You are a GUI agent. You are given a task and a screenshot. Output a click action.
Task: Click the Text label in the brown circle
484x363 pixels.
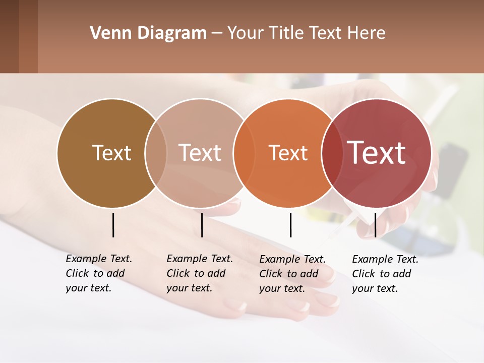pyautogui.click(x=111, y=153)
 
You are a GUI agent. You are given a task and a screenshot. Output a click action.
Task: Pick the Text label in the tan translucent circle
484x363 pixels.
pyautogui.click(x=200, y=153)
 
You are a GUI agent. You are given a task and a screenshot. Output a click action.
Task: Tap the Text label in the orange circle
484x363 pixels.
pyautogui.click(x=288, y=153)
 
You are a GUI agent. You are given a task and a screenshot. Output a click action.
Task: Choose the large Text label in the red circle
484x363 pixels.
pyautogui.click(x=377, y=153)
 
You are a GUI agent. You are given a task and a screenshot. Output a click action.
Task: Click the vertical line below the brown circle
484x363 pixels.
pyautogui.click(x=113, y=225)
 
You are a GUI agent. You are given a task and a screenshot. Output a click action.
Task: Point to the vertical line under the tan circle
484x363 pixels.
pyautogui.click(x=202, y=225)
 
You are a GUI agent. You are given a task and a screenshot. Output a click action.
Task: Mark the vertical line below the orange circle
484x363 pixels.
pyautogui.click(x=290, y=225)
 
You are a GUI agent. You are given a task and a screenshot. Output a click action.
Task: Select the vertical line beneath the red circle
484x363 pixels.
pyautogui.click(x=375, y=225)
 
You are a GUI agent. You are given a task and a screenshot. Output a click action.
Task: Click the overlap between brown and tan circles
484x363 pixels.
pyautogui.click(x=156, y=153)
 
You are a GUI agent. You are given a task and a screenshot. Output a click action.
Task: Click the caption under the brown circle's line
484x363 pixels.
pyautogui.click(x=99, y=273)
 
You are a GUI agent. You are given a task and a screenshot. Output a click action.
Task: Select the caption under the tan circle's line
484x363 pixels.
pyautogui.click(x=200, y=273)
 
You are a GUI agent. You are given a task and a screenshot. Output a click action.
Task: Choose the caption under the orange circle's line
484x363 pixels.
pyautogui.click(x=292, y=274)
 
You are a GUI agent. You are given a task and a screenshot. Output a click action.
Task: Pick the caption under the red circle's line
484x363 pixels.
pyautogui.click(x=385, y=274)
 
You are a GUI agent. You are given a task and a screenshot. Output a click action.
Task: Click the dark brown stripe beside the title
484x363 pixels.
pyautogui.click(x=28, y=36)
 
